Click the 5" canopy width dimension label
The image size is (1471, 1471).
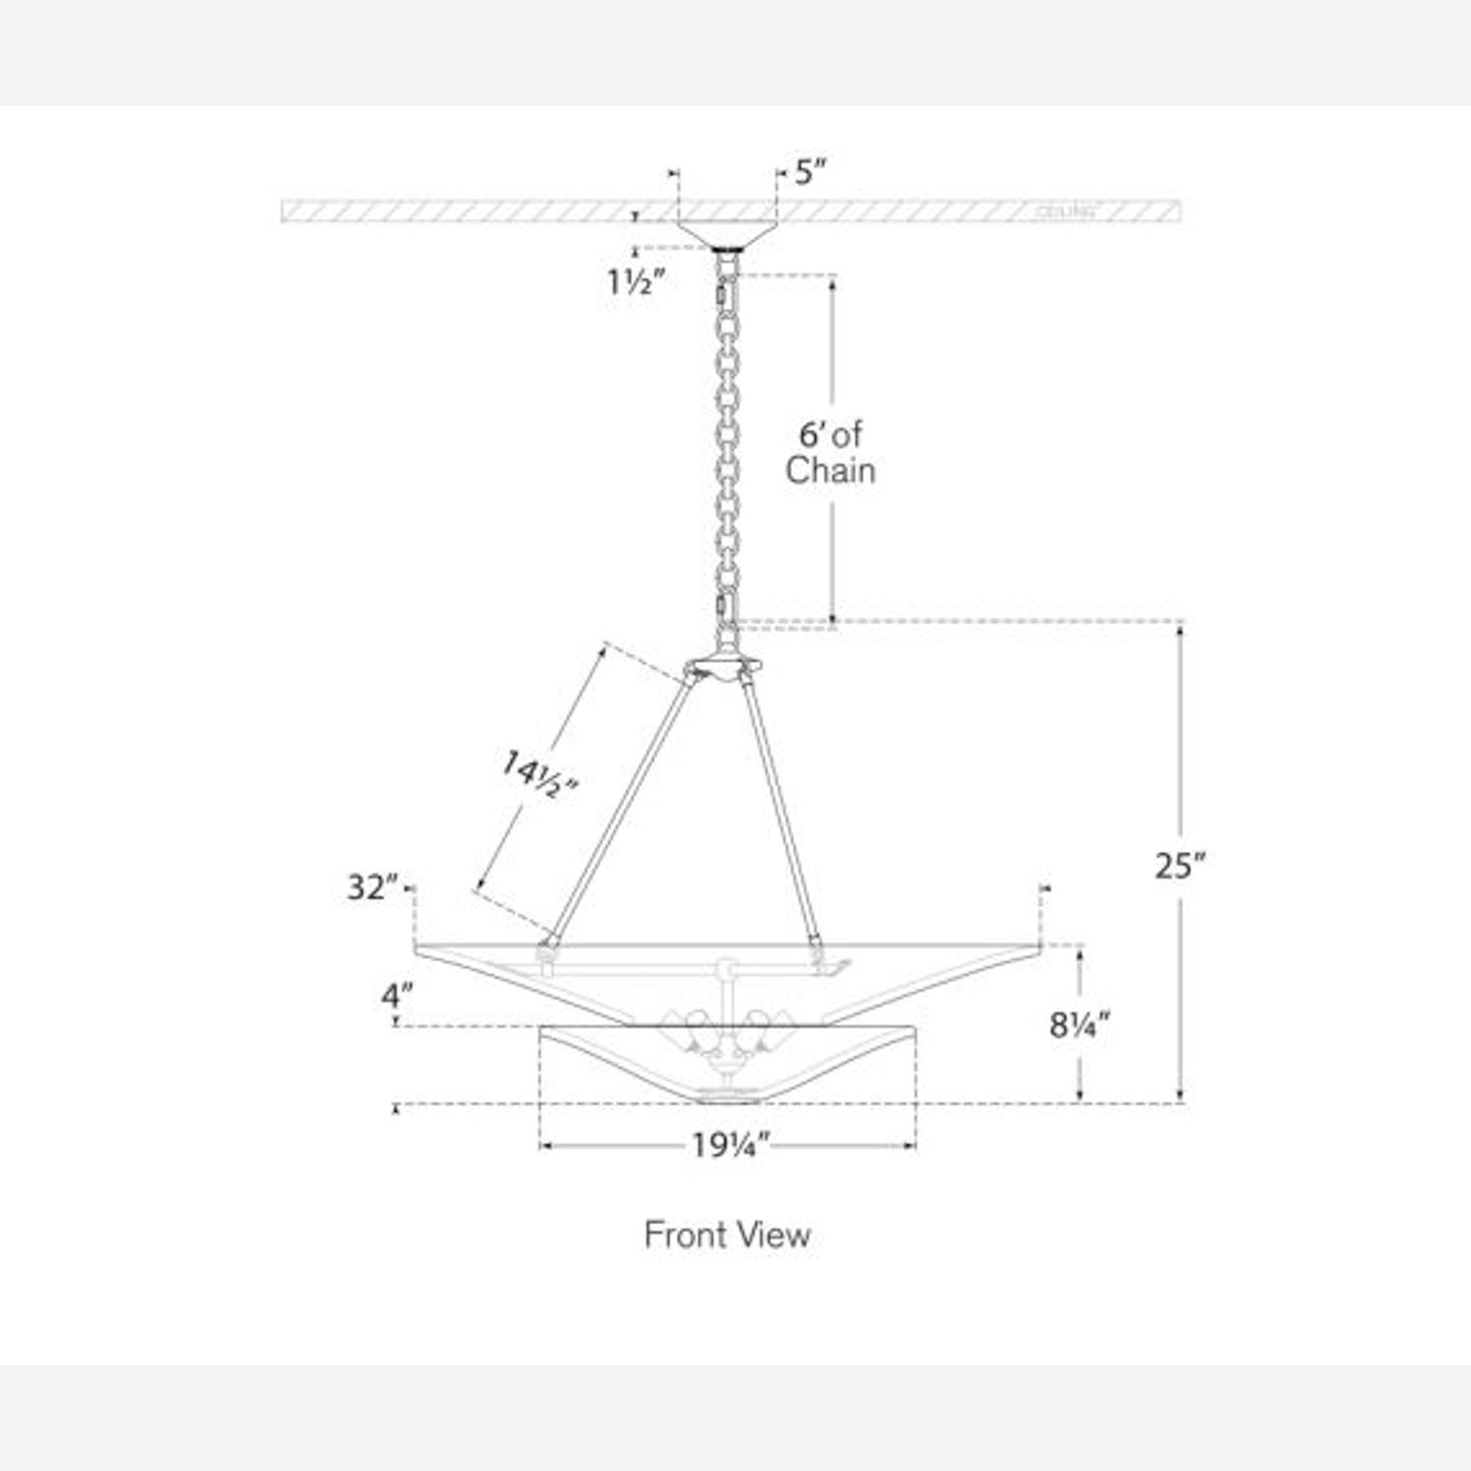(x=809, y=174)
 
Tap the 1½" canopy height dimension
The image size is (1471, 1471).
(x=635, y=282)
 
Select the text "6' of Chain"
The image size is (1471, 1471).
(x=830, y=452)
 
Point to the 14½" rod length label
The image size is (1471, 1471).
(x=538, y=775)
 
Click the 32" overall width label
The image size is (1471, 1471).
(x=373, y=888)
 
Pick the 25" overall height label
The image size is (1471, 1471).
(x=1180, y=866)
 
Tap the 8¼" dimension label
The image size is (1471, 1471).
(x=1079, y=1025)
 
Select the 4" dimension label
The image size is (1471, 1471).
(x=396, y=996)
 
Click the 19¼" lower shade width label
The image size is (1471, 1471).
(x=731, y=1145)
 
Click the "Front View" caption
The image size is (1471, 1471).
(x=727, y=1235)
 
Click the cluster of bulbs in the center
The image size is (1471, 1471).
(x=726, y=1030)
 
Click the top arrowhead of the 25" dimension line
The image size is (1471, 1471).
(x=1180, y=629)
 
